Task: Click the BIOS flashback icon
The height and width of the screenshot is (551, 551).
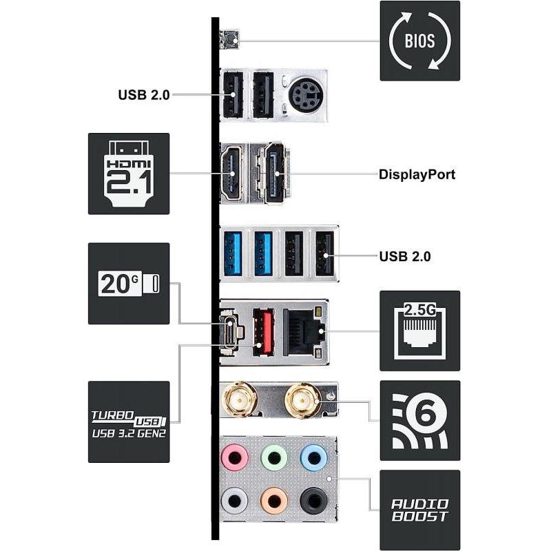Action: tap(420, 41)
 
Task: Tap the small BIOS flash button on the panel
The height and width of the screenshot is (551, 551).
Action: tap(229, 39)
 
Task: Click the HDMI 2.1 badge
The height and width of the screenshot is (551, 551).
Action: tap(129, 174)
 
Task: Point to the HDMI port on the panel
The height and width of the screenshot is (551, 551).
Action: tap(231, 173)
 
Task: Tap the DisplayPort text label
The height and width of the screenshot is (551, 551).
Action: tap(417, 174)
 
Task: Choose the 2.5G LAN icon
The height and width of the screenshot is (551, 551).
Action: tap(420, 331)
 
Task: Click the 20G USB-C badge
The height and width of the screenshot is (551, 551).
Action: tap(129, 284)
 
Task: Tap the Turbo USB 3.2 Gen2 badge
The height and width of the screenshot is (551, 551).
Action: tap(129, 422)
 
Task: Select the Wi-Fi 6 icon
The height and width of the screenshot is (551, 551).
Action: tap(420, 421)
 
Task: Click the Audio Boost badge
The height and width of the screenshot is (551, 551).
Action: tap(420, 510)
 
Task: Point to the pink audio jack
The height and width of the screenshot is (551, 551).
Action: tap(235, 457)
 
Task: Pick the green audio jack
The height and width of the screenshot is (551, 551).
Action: tap(274, 457)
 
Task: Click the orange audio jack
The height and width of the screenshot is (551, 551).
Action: tap(274, 501)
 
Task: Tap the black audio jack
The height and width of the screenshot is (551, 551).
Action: tap(314, 501)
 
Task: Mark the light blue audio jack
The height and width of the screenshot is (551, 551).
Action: tap(314, 457)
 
